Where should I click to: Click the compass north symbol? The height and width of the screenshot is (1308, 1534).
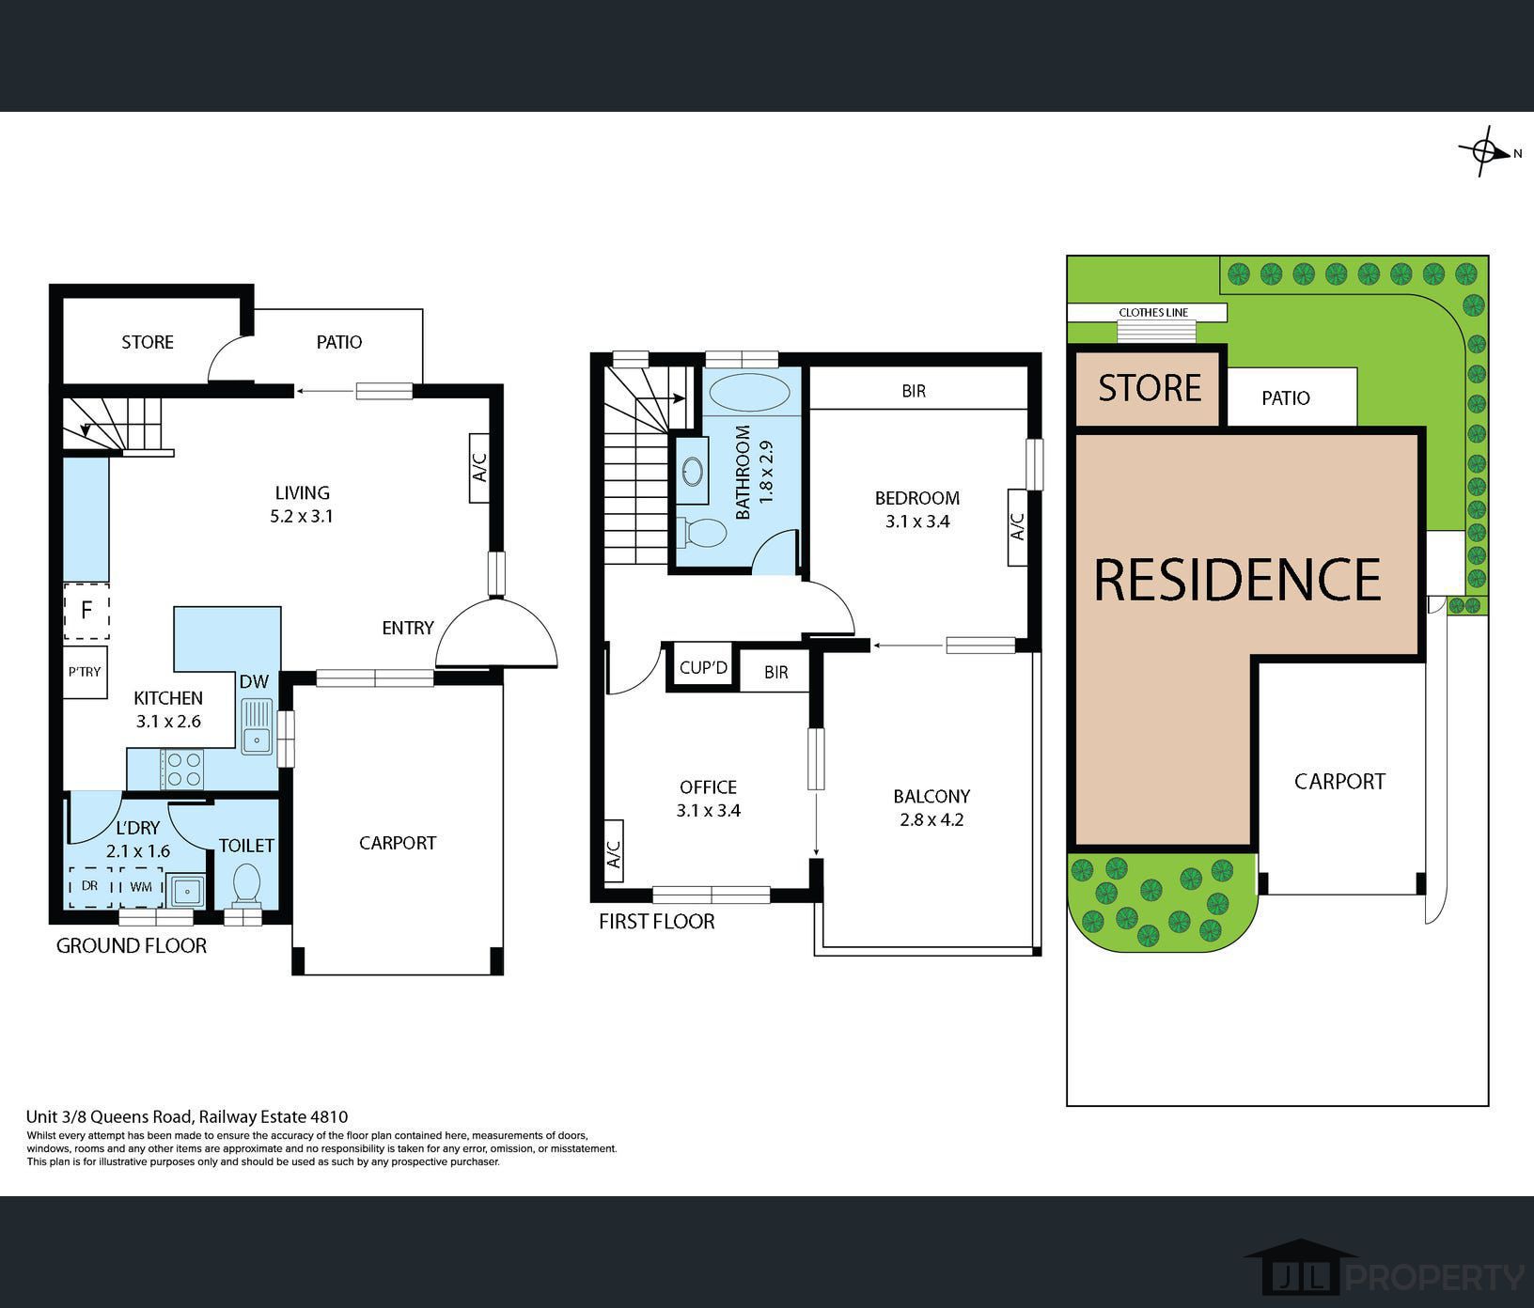pos(1486,151)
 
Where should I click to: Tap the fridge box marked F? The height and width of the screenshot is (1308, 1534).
pos(86,611)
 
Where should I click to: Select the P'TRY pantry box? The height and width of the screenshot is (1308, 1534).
pos(85,672)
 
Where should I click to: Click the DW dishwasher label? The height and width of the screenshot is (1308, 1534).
pos(254,682)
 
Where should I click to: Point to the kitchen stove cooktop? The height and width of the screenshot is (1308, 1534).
pos(181,768)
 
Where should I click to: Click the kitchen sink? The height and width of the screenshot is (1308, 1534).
pos(256,726)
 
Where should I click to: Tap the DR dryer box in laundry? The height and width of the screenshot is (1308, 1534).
pos(90,886)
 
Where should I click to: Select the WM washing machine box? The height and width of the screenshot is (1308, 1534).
pos(141,886)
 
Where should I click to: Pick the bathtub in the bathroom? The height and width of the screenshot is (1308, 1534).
pos(749,393)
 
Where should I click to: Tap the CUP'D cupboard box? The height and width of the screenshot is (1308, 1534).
pos(704,668)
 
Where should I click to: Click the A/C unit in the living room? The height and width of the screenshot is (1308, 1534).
pos(479,467)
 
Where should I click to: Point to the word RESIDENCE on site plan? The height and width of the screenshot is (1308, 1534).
pos(1238,579)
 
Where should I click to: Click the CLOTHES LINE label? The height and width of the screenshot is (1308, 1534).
pos(1153,313)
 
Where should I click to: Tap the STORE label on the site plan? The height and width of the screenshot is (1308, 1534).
pos(1150,388)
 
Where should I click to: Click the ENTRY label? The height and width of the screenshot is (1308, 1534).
pos(408,628)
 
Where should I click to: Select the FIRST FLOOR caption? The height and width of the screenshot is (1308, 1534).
pos(657,922)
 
